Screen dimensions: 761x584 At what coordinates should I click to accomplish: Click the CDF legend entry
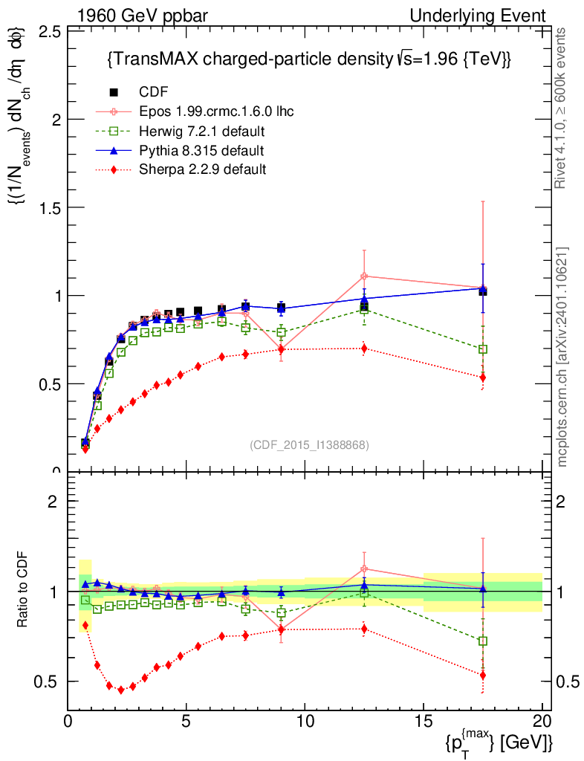coord(154,92)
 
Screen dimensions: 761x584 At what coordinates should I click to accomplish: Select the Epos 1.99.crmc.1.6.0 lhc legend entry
coord(216,111)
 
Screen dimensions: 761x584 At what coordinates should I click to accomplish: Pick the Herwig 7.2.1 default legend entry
coord(203,132)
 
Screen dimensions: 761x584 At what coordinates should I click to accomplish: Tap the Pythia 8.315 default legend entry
coord(201,151)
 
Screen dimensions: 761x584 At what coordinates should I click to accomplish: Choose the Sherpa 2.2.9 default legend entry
coord(203,169)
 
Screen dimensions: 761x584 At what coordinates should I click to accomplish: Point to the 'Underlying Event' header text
coord(487,16)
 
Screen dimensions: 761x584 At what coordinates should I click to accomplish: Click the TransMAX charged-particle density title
coord(309,59)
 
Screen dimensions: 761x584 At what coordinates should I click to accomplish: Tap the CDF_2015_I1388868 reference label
coord(308,444)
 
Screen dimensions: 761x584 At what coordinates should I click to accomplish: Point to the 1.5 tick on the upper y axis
coord(50,207)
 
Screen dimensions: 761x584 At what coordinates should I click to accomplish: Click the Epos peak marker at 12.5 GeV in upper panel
coord(364,276)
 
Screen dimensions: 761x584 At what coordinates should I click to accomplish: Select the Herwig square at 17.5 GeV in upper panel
coord(483,349)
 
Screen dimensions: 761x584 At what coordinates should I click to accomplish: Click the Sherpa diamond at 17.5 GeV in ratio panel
coord(483,676)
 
